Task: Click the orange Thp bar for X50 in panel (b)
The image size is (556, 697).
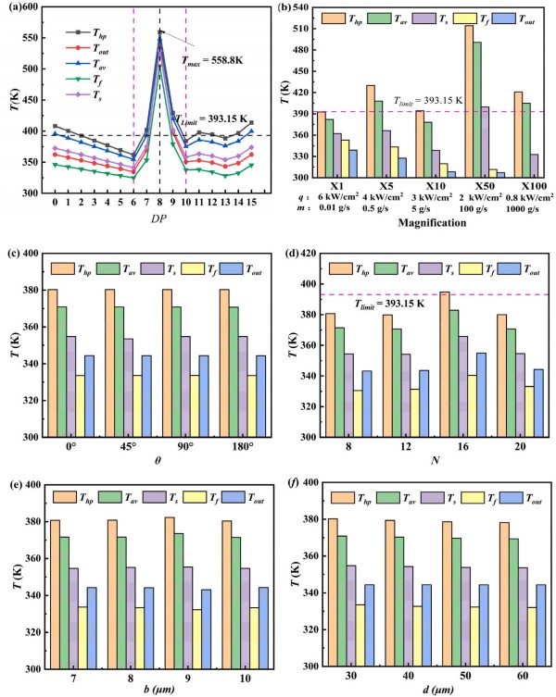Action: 469,101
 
